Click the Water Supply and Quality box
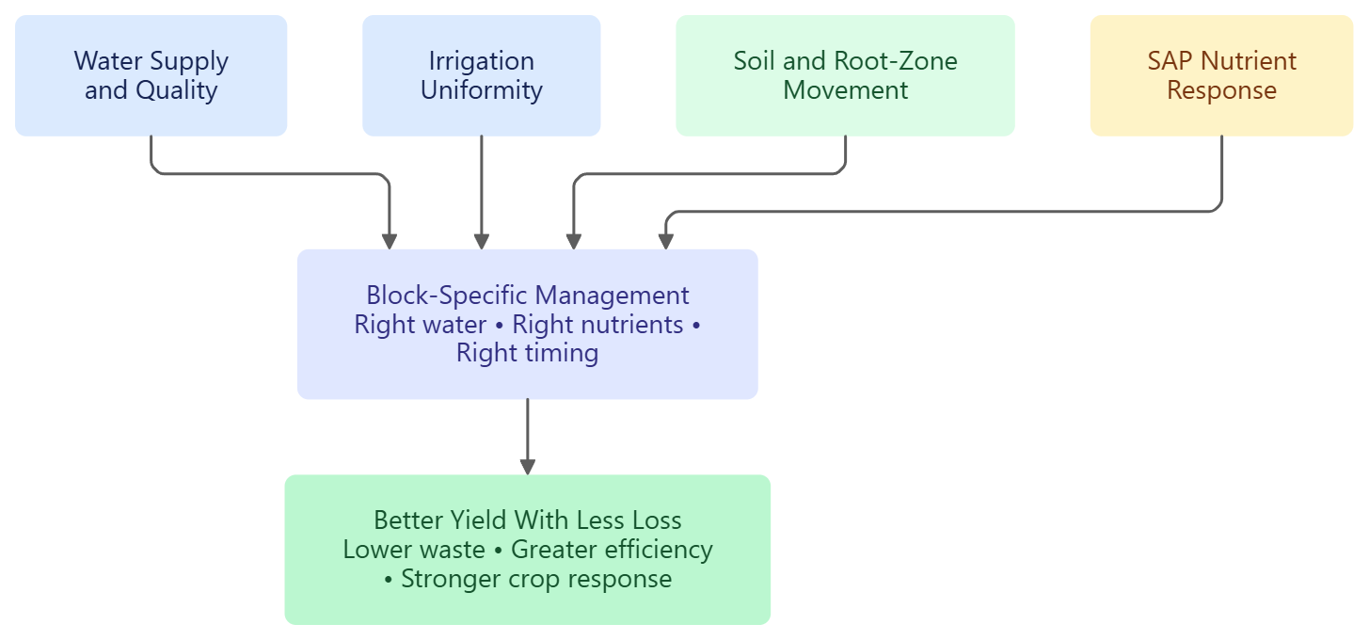(151, 75)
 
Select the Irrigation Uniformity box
(482, 75)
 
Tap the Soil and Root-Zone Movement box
(845, 75)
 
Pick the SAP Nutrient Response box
(1221, 75)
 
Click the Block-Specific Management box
(528, 324)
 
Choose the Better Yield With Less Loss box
(528, 550)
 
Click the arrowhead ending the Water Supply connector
(390, 242)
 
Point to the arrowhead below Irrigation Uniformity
(482, 242)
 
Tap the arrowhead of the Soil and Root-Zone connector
(573, 242)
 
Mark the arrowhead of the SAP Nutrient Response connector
(665, 242)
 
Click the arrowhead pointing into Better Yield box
(528, 467)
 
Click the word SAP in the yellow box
(1170, 61)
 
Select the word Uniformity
(482, 90)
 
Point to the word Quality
(177, 90)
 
